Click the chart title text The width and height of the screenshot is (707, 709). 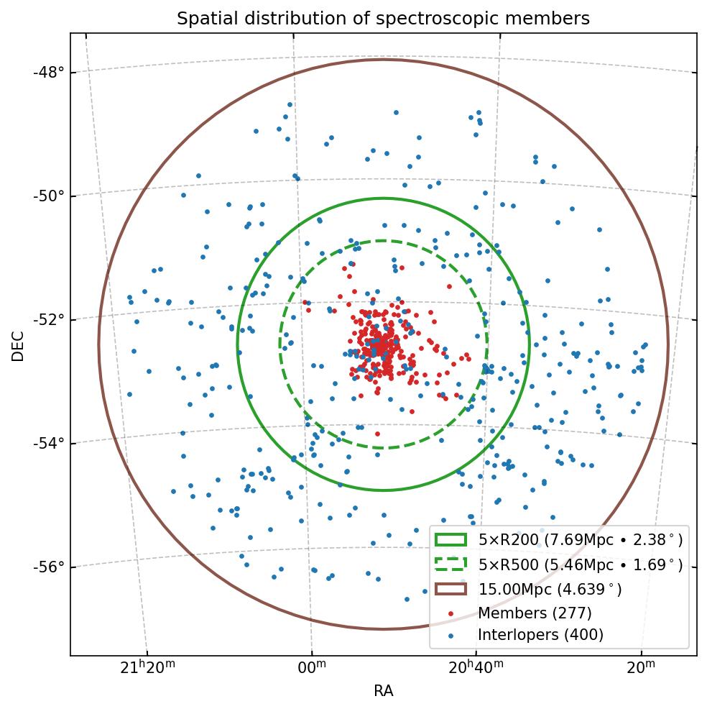[383, 19]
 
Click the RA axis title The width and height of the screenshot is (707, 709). [383, 692]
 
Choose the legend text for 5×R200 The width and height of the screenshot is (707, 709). [580, 539]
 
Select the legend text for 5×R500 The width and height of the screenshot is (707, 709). [580, 564]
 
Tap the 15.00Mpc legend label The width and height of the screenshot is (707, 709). [550, 590]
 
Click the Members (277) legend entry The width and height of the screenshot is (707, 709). [535, 613]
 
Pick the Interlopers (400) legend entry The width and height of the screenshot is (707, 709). [540, 635]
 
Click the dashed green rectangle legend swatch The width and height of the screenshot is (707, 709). [450, 564]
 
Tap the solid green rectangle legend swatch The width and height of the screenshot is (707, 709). [450, 539]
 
